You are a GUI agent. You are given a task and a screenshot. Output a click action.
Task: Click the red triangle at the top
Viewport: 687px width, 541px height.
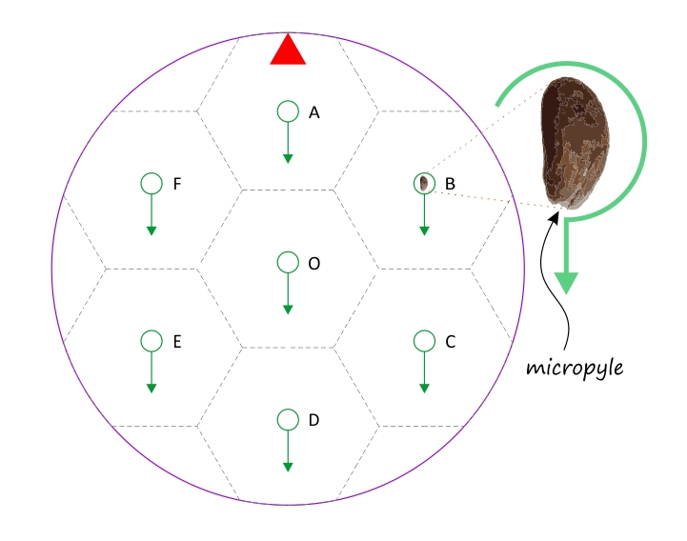point(288,50)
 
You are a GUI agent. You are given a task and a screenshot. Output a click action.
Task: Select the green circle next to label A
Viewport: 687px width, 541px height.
point(288,111)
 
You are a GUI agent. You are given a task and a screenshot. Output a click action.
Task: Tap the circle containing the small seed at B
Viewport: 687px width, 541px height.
point(424,183)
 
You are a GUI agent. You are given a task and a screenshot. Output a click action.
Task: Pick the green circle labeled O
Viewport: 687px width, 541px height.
point(288,262)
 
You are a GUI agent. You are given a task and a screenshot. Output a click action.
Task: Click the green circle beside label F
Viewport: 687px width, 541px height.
point(152,183)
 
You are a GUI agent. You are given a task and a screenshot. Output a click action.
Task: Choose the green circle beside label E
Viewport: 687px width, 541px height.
point(152,341)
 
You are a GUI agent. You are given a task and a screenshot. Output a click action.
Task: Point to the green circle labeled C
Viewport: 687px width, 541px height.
point(424,341)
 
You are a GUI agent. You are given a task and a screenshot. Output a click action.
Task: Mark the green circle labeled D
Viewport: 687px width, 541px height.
point(288,420)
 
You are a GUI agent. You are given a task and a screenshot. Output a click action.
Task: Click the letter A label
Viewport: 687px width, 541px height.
point(314,113)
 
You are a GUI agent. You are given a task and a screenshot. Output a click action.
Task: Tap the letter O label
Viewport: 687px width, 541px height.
point(314,264)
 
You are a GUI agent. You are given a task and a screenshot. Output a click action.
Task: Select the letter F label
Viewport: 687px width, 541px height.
point(177,184)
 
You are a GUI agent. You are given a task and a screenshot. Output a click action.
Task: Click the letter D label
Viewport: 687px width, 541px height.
point(313,420)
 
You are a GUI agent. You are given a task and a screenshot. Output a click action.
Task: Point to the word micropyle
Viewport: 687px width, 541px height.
point(575,368)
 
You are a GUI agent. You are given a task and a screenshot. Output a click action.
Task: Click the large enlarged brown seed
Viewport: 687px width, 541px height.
point(575,143)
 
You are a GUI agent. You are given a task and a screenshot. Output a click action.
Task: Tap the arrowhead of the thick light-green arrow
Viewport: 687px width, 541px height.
point(566,283)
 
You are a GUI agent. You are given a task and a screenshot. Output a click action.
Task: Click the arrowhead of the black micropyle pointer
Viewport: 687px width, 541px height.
point(555,216)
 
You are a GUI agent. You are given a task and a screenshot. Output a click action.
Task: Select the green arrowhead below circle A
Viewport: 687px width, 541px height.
point(288,158)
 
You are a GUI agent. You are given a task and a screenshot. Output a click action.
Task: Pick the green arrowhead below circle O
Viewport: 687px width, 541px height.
point(288,310)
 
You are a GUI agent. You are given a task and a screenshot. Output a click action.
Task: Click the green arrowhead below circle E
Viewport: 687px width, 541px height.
point(152,389)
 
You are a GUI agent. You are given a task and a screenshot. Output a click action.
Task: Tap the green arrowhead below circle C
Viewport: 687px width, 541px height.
point(424,389)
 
